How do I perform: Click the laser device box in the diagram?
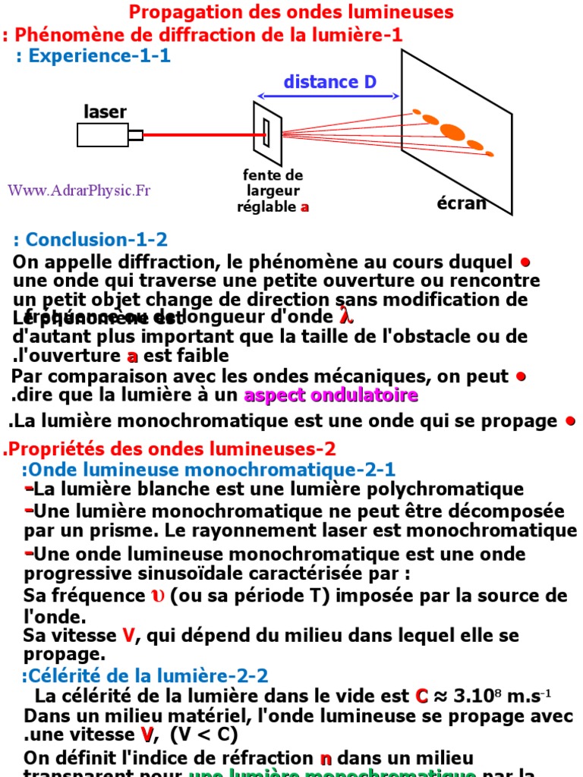(x=103, y=134)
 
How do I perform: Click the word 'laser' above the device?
(x=105, y=112)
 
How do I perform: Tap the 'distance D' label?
(x=329, y=82)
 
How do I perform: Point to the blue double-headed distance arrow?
(x=329, y=96)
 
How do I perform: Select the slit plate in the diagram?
(x=267, y=131)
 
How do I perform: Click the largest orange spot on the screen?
(x=452, y=131)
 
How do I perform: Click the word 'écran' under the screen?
(x=462, y=203)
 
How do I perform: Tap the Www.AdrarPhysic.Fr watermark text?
(x=79, y=190)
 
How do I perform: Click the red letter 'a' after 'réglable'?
(x=304, y=206)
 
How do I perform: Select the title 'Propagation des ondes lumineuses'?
(x=291, y=12)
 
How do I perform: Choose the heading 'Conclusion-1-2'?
(x=90, y=240)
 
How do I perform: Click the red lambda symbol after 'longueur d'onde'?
(x=346, y=316)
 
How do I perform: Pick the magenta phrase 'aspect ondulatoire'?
(x=331, y=395)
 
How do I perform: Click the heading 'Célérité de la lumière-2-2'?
(x=145, y=676)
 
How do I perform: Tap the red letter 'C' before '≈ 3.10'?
(x=422, y=696)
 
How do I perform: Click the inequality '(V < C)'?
(x=204, y=734)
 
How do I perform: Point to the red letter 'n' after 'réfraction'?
(x=326, y=758)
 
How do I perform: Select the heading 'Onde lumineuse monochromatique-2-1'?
(x=209, y=470)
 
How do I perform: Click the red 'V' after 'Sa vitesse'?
(x=129, y=636)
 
